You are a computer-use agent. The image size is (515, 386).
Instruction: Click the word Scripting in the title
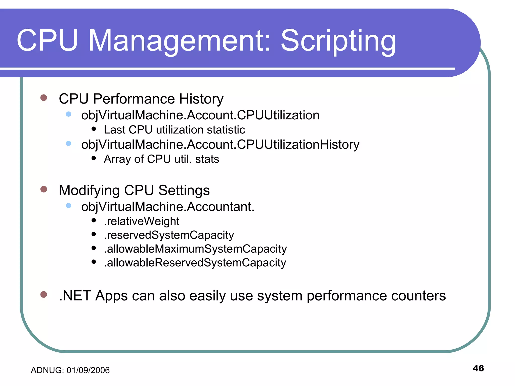[338, 41]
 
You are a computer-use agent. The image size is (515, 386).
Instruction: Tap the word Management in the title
[180, 41]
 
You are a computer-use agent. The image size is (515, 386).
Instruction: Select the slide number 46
[478, 368]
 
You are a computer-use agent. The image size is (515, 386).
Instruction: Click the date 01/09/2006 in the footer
[88, 370]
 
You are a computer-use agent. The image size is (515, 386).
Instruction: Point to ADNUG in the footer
[47, 370]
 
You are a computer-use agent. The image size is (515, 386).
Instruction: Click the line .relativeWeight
[142, 221]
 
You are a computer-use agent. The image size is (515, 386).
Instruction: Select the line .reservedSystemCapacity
[169, 235]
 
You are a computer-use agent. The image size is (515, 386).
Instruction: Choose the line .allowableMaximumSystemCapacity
[195, 249]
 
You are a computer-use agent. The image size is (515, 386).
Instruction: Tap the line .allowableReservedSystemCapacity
[195, 263]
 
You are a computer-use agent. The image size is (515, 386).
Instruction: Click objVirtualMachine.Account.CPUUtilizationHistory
[220, 145]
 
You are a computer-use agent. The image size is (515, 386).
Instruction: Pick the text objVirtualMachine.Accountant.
[168, 207]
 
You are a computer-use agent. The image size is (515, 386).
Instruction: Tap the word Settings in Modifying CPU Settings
[184, 190]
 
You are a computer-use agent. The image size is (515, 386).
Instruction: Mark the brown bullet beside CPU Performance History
[44, 98]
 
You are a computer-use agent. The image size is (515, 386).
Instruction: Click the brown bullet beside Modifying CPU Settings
[44, 189]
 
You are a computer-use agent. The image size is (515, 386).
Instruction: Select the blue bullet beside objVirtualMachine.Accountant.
[68, 206]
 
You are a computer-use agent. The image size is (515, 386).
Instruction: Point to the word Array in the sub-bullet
[117, 159]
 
